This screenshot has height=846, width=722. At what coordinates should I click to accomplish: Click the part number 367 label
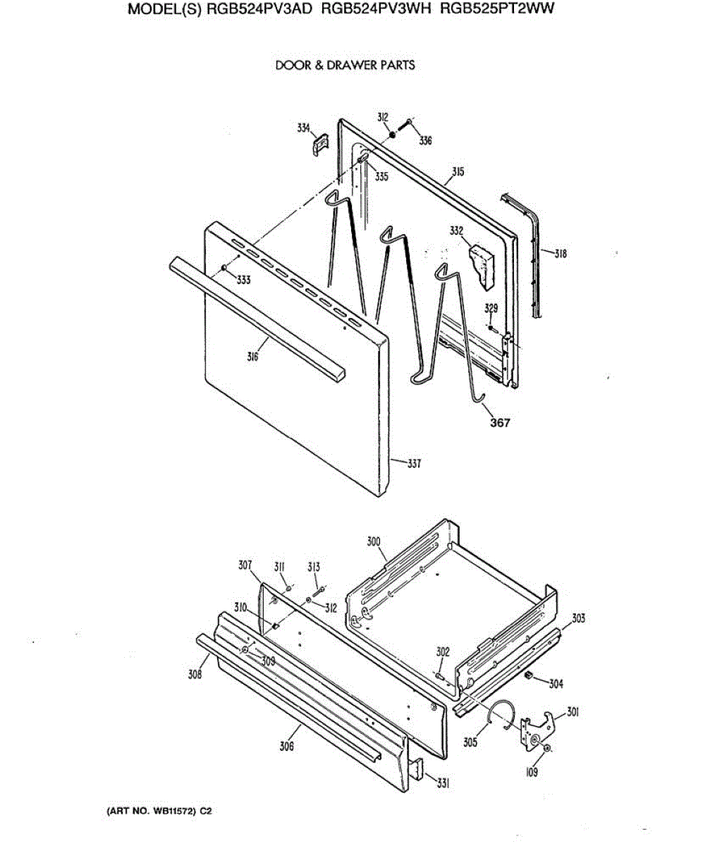point(500,423)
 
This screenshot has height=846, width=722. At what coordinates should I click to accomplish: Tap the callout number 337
point(415,464)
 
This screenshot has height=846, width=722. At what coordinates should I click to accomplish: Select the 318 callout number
point(560,254)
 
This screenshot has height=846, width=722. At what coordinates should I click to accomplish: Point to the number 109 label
point(532,773)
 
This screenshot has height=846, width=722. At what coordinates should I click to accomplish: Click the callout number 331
point(443,783)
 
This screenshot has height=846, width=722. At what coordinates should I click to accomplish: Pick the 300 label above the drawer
point(374,541)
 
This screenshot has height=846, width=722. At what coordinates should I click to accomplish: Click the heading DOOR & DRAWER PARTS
point(345,66)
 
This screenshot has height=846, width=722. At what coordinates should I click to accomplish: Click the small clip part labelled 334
point(319,144)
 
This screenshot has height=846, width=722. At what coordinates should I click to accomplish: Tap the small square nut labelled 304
point(528,676)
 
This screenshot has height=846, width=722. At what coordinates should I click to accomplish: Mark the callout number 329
point(492,309)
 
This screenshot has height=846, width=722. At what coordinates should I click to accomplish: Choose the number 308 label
point(195,675)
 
